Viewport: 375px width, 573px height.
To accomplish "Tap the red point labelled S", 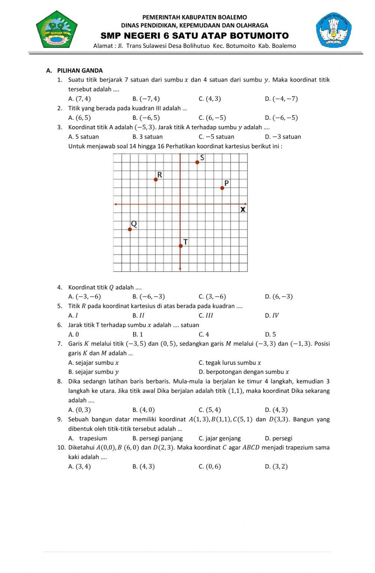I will (197, 162).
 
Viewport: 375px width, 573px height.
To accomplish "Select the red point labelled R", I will (156, 179).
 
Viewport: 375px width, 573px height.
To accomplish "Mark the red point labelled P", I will (222, 188).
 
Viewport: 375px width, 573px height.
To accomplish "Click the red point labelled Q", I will (130, 229).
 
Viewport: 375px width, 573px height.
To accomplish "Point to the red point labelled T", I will (180, 246).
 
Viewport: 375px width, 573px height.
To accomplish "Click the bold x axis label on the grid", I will (243, 209).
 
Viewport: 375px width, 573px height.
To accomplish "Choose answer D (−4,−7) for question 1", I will (281, 99).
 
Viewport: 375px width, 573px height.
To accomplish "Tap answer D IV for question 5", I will (272, 315).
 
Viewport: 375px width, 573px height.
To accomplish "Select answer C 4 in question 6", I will (204, 334).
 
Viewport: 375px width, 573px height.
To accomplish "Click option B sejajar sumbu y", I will (94, 372).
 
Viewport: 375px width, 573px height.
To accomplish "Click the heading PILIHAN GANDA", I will (80, 70).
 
